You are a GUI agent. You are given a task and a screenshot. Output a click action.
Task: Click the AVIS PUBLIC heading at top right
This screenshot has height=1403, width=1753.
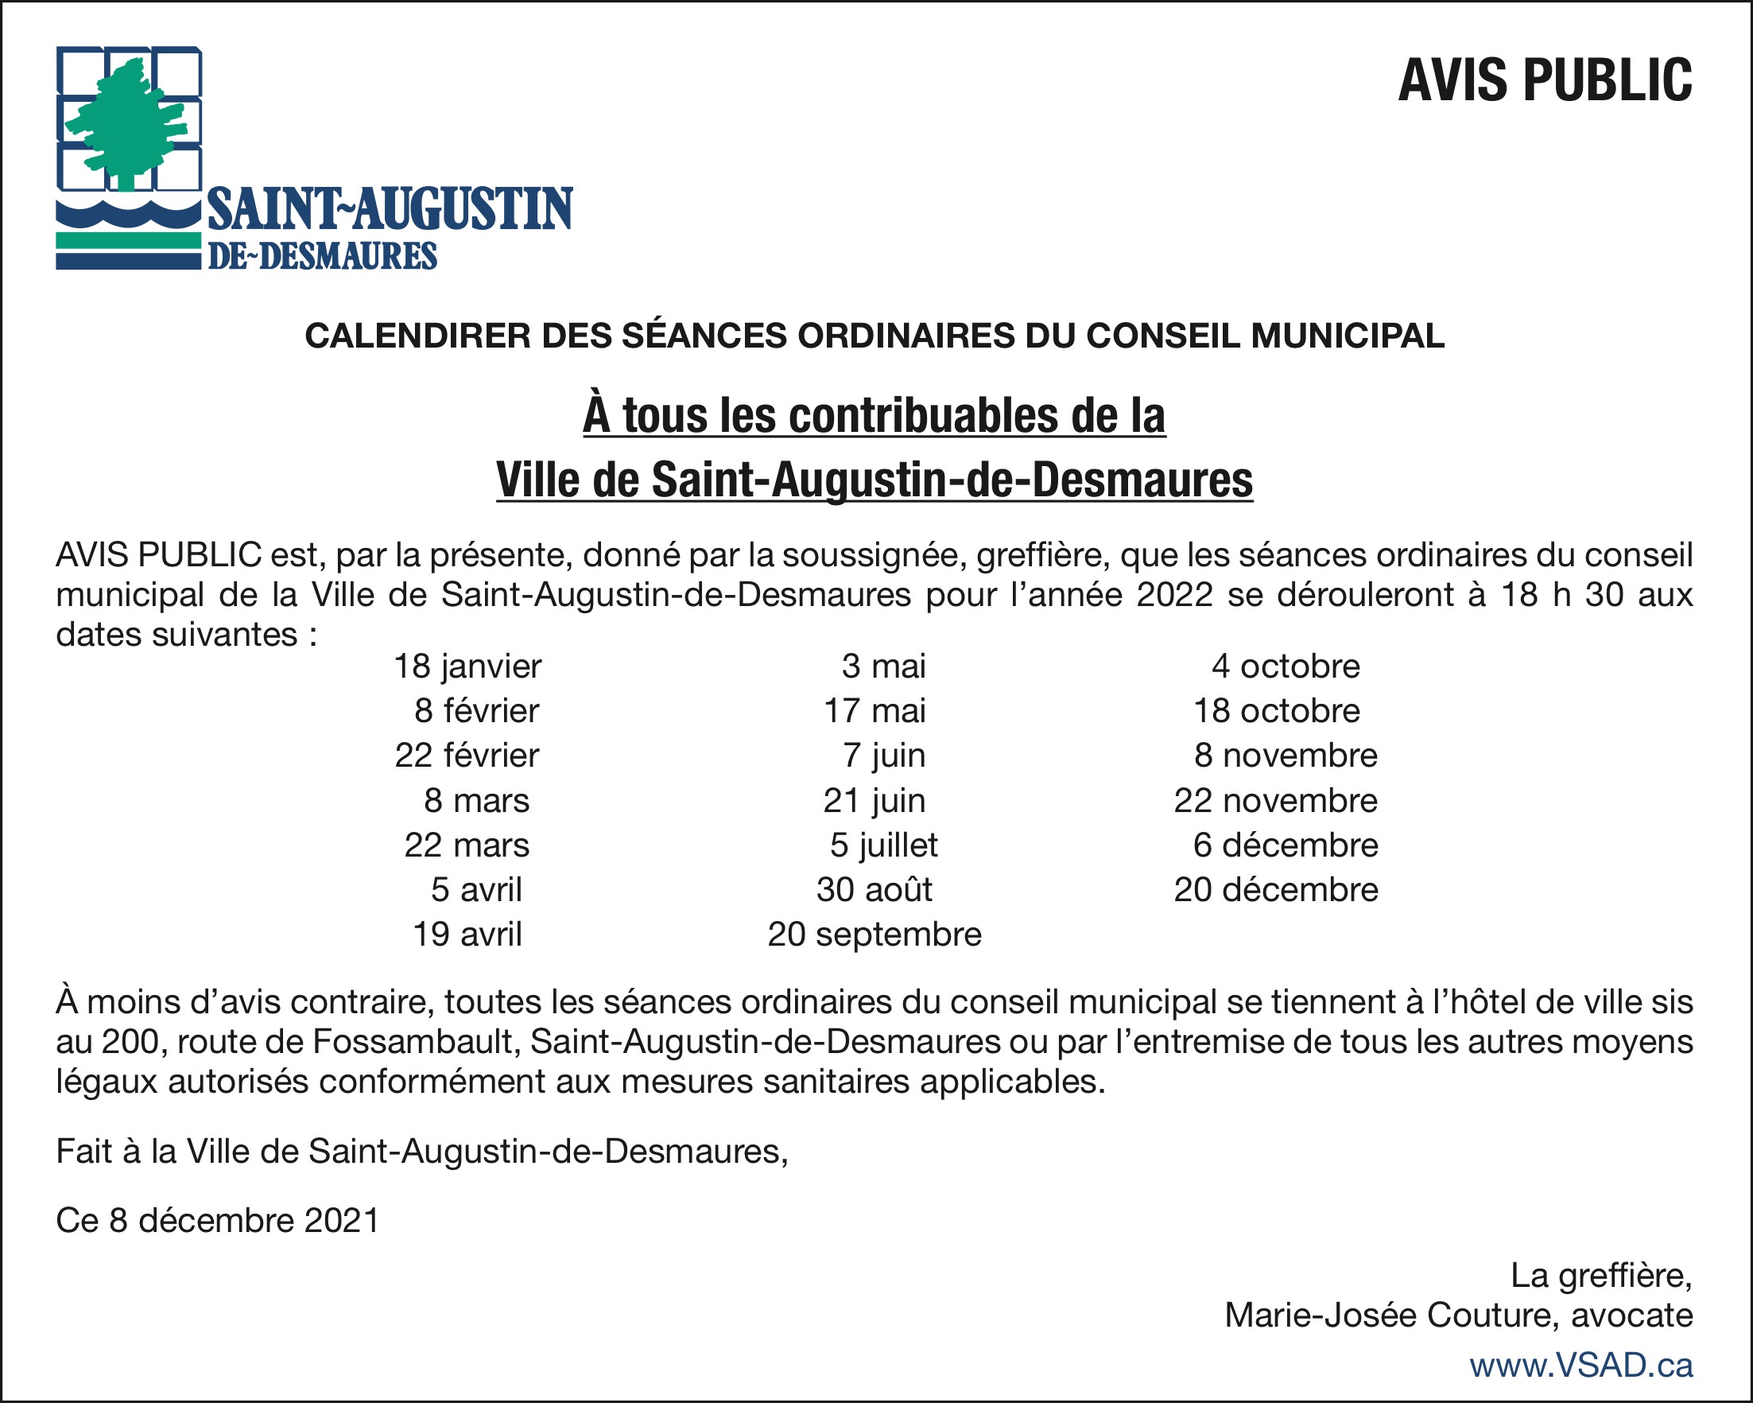pos(1544,80)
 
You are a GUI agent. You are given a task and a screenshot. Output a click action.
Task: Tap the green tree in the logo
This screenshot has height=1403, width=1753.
pos(126,122)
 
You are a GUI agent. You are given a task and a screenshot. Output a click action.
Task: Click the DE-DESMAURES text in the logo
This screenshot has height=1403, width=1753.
pos(323,256)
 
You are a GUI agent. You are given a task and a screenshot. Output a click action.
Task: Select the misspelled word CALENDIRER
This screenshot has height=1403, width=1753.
pos(417,336)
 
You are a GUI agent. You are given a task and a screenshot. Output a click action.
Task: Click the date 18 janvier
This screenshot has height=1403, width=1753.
pos(467,667)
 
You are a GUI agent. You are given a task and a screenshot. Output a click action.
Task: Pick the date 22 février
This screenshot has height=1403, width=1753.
pos(467,756)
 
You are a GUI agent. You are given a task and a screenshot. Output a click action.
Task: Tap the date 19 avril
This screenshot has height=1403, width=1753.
pos(467,935)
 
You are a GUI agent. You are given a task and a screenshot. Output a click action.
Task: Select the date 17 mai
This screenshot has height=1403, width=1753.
pos(875,712)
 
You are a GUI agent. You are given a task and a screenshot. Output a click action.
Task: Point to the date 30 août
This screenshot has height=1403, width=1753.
pos(875,890)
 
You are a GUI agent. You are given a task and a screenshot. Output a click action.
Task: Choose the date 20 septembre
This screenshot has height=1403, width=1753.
pos(875,935)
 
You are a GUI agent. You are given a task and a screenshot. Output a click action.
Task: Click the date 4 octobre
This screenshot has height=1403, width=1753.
pos(1286,667)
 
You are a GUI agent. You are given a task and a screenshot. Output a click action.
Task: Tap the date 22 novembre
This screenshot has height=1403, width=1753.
pos(1276,801)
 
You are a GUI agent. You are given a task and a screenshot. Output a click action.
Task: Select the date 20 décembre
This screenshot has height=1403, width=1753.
pos(1276,890)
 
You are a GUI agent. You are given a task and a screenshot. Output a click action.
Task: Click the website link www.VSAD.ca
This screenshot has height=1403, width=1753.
pos(1580,1366)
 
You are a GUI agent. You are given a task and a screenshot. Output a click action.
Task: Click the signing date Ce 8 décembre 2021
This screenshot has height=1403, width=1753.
pos(218,1221)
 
